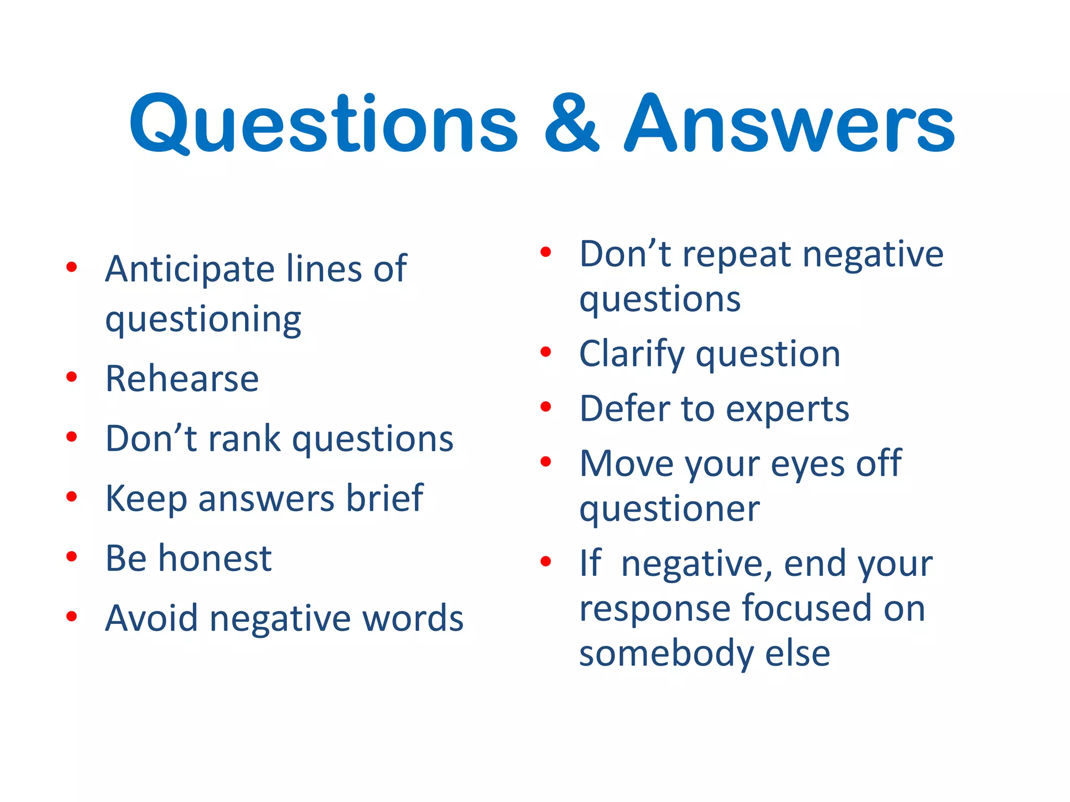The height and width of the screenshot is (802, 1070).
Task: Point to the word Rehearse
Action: point(182,379)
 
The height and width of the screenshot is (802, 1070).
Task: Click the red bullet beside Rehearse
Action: point(72,377)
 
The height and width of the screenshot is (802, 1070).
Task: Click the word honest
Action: point(215,558)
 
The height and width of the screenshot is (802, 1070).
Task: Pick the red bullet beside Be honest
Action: point(72,557)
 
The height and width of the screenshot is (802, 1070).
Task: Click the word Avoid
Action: point(152,618)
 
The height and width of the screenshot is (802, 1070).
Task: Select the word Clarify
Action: point(631,355)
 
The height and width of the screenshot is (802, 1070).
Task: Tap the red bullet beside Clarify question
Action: point(545,352)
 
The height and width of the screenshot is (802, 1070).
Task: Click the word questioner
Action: point(669,509)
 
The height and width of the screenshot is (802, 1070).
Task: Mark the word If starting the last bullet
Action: point(590,563)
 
